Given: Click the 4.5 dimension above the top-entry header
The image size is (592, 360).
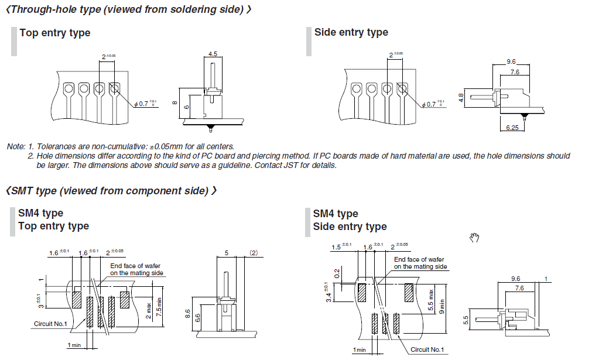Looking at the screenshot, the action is coord(213,54).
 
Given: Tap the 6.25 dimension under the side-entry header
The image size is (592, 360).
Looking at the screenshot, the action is coord(512,128).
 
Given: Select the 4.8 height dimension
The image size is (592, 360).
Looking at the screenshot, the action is coord(461,98).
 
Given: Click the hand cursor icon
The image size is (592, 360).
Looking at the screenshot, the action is coord(474,237).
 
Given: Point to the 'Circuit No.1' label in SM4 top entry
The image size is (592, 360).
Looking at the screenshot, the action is coord(50,324).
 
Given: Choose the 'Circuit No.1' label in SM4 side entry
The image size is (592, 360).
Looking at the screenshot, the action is coord(427,349).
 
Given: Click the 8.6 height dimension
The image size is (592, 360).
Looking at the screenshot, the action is coord(187,314).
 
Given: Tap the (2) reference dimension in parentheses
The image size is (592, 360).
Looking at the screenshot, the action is coord(254,253).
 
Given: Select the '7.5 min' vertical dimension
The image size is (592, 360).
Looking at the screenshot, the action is coord(159,306).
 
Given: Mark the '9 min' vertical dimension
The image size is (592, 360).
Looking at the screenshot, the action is coord(442,306).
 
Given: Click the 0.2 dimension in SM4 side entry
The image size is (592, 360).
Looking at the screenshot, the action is coord(337,273).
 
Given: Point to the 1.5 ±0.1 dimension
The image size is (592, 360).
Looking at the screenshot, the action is coord(341,246).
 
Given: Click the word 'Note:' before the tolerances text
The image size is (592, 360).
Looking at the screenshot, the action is coord(16,146).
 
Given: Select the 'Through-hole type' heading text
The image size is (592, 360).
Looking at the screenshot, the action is coord(56,9).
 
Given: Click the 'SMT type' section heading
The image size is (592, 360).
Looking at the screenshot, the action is coord(33,191).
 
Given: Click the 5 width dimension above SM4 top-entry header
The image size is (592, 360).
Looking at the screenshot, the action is coord(227,253).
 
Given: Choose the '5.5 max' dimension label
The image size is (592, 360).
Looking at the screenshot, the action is coord(431,300).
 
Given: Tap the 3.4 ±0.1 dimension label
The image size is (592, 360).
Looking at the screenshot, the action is coord(328,293).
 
